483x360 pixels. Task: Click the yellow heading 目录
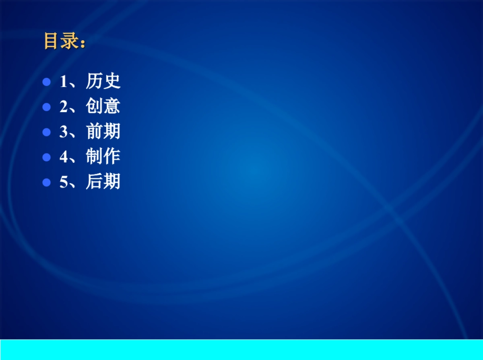[62, 41]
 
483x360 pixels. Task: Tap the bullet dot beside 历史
[46, 82]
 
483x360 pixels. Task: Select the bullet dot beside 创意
[46, 107]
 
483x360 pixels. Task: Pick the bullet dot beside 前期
[46, 132]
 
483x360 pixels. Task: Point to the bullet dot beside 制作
[46, 157]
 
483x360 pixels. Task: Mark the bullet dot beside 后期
[46, 182]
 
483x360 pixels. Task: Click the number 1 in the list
[64, 81]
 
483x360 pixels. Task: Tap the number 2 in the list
[64, 107]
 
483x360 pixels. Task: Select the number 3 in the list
[64, 132]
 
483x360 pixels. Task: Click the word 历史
[103, 81]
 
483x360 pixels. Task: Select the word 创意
[103, 106]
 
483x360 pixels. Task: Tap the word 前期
[103, 131]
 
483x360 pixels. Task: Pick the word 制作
[103, 156]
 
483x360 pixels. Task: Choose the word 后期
[103, 181]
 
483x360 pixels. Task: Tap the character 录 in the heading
[70, 41]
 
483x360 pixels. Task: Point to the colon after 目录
[83, 43]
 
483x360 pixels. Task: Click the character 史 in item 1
[112, 81]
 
